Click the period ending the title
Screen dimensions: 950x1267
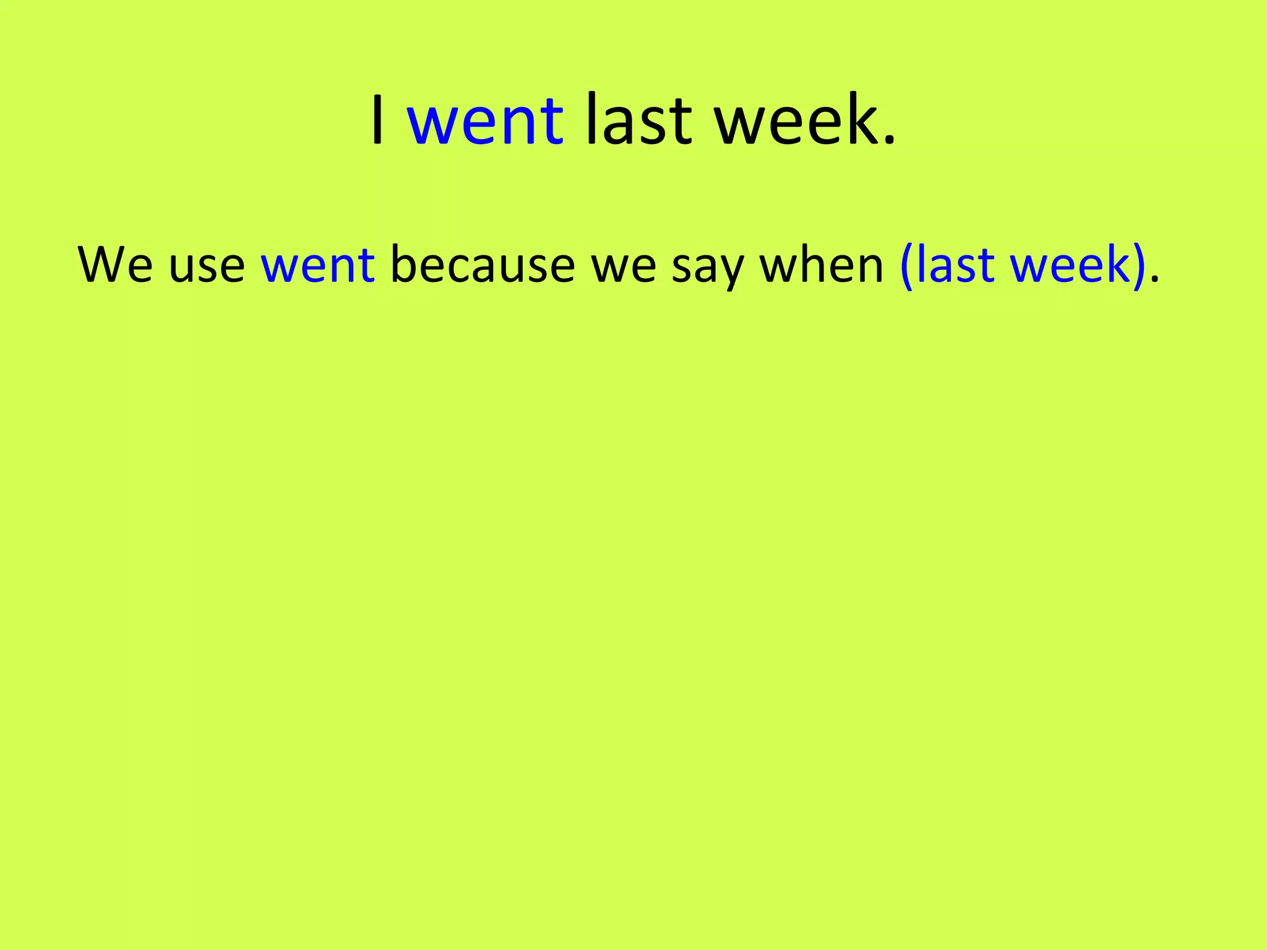(x=889, y=141)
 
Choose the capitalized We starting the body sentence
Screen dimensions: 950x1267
(x=116, y=264)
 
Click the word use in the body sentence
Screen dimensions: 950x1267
(x=207, y=267)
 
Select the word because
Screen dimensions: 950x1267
(x=483, y=264)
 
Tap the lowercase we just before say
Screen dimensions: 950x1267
(x=624, y=267)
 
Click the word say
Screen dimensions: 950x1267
(x=707, y=269)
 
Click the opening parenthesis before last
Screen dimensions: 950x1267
(x=907, y=266)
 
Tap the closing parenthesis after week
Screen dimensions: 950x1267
(x=1138, y=266)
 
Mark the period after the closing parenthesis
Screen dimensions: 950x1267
(x=1154, y=281)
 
